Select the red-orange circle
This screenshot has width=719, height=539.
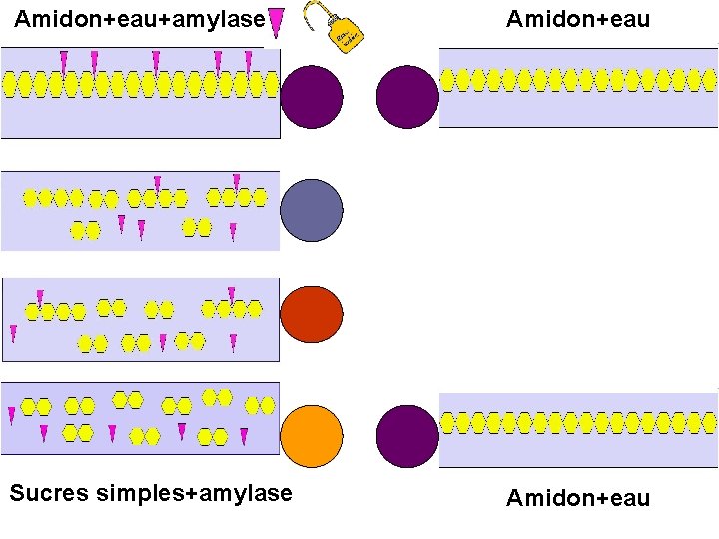(312, 316)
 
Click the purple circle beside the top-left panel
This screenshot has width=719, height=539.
(312, 97)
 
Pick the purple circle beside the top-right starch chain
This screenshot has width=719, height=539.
(407, 97)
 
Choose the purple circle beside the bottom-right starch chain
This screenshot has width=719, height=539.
(407, 437)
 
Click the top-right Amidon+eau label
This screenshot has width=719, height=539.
(578, 19)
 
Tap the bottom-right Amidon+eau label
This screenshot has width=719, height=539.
(578, 498)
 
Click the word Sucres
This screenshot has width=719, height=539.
(51, 493)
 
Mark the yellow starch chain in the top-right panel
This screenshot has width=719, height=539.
(578, 79)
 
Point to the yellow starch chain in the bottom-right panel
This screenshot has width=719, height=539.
(578, 422)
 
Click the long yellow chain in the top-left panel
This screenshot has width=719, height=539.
(140, 85)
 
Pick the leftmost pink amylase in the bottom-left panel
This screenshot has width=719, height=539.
(12, 415)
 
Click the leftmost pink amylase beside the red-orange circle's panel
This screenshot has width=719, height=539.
(13, 333)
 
